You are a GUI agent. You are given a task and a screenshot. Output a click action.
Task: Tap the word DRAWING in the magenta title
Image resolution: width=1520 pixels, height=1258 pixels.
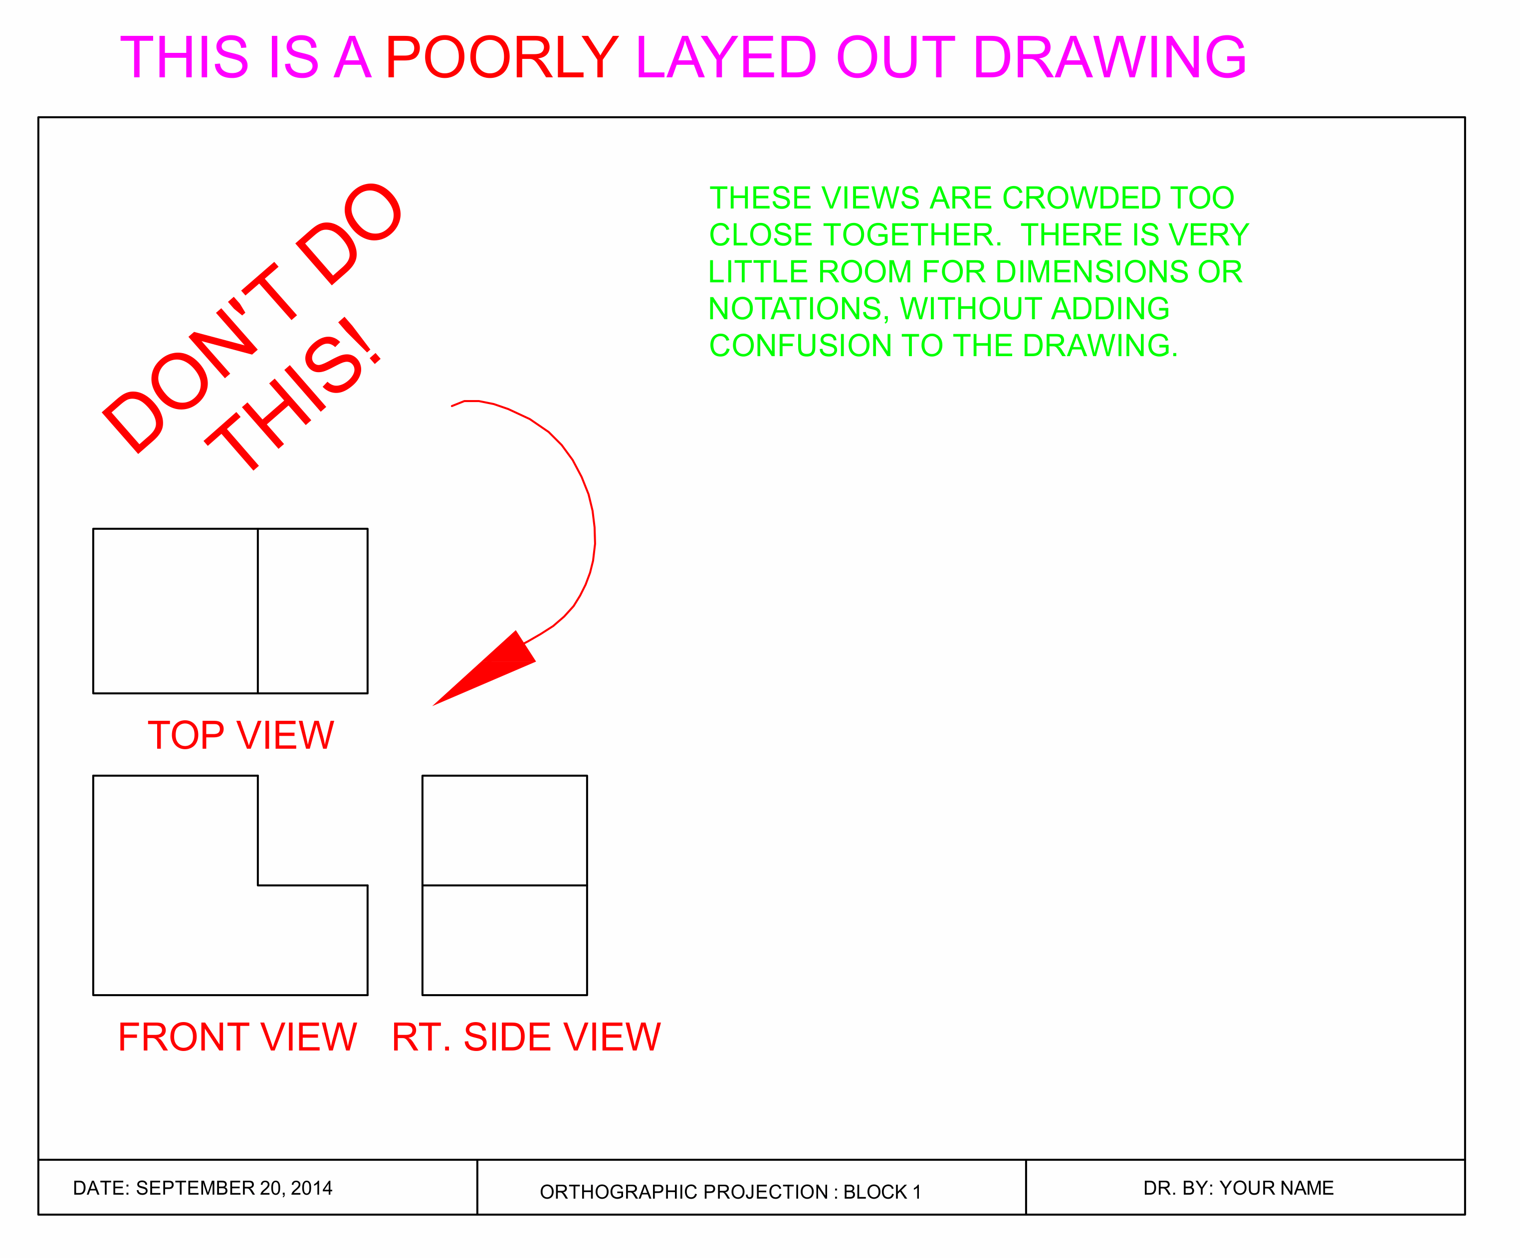tap(1109, 58)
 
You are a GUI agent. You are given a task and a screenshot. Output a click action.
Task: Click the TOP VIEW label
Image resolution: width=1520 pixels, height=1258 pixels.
tap(240, 735)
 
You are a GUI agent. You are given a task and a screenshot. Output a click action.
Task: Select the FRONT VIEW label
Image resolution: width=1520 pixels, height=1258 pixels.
tap(237, 1037)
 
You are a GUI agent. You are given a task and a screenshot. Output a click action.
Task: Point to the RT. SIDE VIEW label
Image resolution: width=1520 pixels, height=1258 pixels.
tap(526, 1037)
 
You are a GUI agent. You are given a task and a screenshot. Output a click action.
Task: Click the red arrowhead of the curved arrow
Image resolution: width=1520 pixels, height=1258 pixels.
tap(492, 667)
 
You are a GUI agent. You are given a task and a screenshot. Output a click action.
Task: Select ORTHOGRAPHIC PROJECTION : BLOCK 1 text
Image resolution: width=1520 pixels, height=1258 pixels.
tap(730, 1192)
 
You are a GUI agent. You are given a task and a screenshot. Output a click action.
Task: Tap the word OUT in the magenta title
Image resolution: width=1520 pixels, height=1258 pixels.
tap(894, 58)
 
